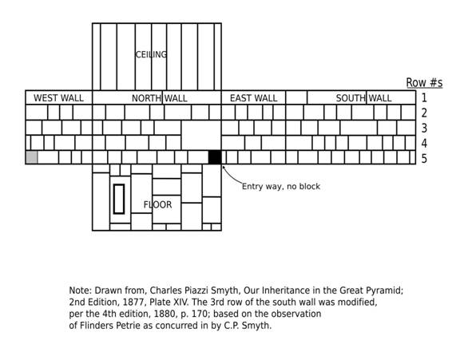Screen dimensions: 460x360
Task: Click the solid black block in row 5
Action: pyautogui.click(x=215, y=156)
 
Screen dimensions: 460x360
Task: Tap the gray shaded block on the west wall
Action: pyautogui.click(x=32, y=157)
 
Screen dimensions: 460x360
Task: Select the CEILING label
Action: pyautogui.click(x=151, y=54)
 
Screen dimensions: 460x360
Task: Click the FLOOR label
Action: pyautogui.click(x=157, y=204)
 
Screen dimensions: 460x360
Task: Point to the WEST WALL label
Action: pyautogui.click(x=58, y=98)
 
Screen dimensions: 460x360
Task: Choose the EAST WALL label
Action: pyautogui.click(x=253, y=98)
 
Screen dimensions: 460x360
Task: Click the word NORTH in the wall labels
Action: pyautogui.click(x=146, y=98)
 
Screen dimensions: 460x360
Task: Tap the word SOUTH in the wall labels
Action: pyautogui.click(x=351, y=98)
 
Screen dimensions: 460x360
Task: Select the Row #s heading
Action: pyautogui.click(x=424, y=83)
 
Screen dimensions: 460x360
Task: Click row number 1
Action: pyautogui.click(x=424, y=97)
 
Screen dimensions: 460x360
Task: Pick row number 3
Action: pyautogui.click(x=424, y=128)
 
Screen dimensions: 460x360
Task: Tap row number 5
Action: pyautogui.click(x=424, y=159)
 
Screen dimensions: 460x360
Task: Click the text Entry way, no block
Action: pyautogui.click(x=281, y=187)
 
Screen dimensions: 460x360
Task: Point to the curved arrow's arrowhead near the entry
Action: pyautogui.click(x=224, y=167)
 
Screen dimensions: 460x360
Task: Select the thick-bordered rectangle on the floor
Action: pyautogui.click(x=119, y=199)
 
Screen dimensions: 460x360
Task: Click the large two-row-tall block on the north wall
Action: pyautogui.click(x=201, y=135)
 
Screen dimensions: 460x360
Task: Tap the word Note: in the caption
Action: pyautogui.click(x=81, y=291)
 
